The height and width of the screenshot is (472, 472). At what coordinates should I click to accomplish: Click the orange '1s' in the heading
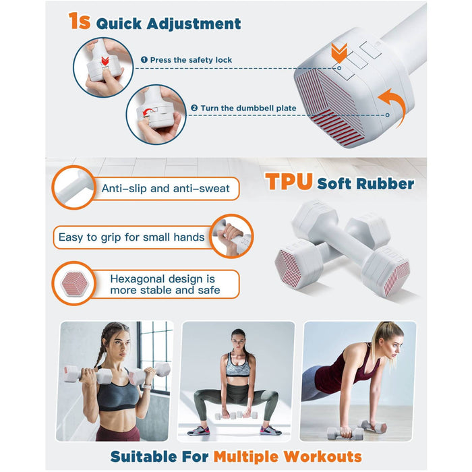tap(79, 22)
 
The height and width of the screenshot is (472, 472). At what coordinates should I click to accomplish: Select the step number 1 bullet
tap(144, 60)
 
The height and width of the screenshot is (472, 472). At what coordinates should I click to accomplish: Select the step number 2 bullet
tap(194, 108)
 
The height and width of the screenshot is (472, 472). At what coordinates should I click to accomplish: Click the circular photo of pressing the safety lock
tap(103, 67)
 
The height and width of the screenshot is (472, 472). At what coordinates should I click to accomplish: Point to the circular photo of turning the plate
tap(156, 114)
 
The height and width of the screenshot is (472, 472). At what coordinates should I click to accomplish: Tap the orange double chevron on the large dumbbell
tap(339, 51)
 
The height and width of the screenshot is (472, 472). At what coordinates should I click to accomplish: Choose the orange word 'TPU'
tap(289, 182)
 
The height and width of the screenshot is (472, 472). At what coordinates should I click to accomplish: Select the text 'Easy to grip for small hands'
tap(131, 237)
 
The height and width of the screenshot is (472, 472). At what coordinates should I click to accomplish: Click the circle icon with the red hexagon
tap(73, 284)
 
